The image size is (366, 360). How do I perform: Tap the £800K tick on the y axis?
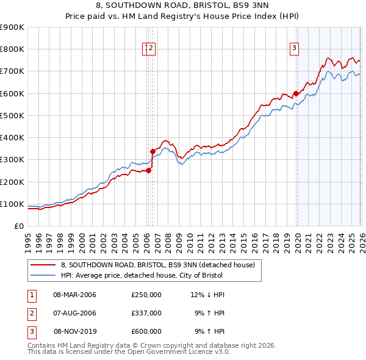pyautogui.click(x=12, y=49)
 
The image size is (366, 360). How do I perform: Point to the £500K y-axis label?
pyautogui.click(x=12, y=115)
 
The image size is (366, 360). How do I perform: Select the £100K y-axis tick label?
pyautogui.click(x=12, y=204)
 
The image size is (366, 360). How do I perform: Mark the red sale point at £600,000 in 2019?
pyautogui.click(x=296, y=93)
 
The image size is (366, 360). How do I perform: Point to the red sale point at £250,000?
pyautogui.click(x=148, y=171)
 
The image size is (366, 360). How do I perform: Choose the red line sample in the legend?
pyautogui.click(x=43, y=265)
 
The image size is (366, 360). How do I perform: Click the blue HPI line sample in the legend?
pyautogui.click(x=43, y=275)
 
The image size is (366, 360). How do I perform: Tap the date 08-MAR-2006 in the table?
pyautogui.click(x=74, y=295)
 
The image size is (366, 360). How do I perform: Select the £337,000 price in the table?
pyautogui.click(x=146, y=313)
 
